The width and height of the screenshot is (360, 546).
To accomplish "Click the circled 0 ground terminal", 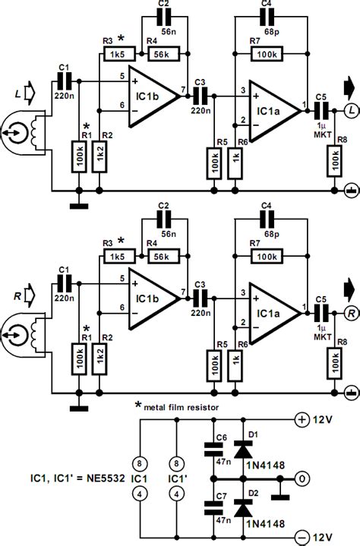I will pos(302,480).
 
